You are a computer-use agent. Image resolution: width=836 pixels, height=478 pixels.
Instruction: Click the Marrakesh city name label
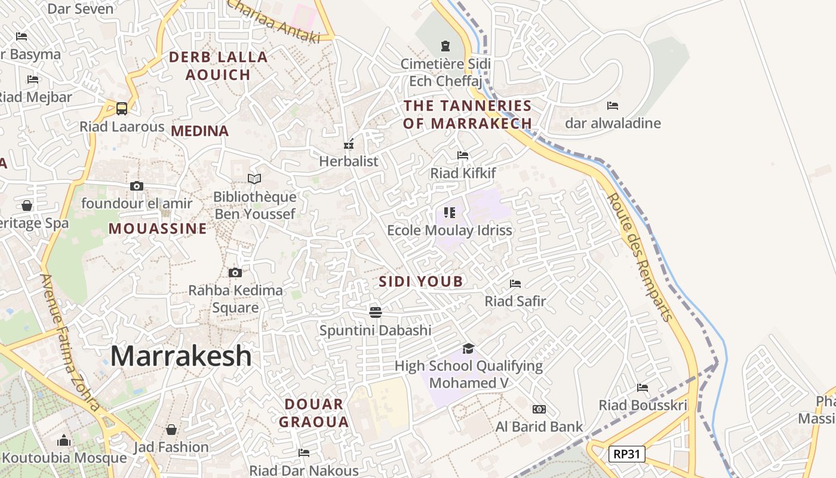[181, 356]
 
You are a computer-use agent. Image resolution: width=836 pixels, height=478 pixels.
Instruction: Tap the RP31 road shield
[626, 454]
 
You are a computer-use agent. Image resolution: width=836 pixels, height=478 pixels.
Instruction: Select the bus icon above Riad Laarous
[122, 109]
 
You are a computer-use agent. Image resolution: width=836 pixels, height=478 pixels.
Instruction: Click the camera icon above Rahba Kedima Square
[235, 273]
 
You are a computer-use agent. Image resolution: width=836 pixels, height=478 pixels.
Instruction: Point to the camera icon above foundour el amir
[137, 186]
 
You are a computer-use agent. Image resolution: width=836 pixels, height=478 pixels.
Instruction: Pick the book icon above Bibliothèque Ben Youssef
[254, 179]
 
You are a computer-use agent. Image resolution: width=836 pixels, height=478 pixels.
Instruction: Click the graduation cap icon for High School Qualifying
[469, 348]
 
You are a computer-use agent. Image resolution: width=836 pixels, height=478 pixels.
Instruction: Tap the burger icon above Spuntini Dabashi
[375, 312]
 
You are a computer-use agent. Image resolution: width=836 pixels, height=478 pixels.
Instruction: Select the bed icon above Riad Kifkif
[463, 155]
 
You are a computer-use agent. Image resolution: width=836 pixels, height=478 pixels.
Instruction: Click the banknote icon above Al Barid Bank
[539, 409]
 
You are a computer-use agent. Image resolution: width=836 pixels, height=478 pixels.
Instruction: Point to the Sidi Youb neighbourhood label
[421, 281]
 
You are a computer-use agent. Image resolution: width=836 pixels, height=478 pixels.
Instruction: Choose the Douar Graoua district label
[314, 413]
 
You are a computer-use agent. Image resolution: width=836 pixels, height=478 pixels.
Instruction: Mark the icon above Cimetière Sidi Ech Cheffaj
[445, 46]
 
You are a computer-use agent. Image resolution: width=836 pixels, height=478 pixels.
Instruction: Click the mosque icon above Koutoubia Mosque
[64, 441]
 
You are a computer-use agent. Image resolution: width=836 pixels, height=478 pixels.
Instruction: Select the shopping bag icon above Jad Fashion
[171, 430]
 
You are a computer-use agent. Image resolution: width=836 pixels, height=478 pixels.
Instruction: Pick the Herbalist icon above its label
[349, 144]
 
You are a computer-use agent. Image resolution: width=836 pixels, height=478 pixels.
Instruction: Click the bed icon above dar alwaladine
[613, 106]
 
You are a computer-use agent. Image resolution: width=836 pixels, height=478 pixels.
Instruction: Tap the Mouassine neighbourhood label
[158, 229]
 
